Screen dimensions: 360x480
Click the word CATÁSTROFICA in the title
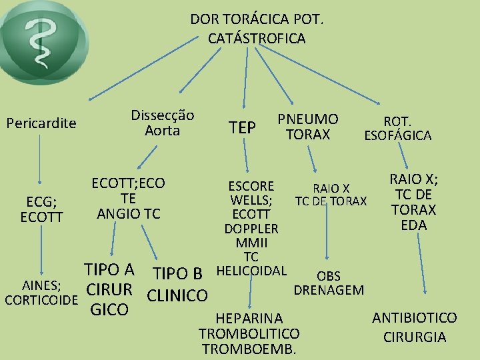coord(257,39)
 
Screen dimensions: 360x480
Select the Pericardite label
coord(41,123)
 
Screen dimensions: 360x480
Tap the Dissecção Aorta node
coord(163,123)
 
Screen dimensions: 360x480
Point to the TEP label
coord(242,127)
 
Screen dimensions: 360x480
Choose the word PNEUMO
coord(308,119)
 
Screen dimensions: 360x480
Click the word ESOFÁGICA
coord(397,135)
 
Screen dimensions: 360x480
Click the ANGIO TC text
coord(129,213)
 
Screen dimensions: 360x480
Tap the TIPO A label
coord(109,270)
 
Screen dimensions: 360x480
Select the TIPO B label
coord(177,273)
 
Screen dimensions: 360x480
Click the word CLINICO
coord(177,295)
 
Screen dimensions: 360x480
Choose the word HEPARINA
coord(249,319)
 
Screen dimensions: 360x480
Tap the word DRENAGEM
coord(329,289)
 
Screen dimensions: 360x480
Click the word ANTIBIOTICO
coord(415,318)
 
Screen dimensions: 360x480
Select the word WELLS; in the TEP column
coord(251,199)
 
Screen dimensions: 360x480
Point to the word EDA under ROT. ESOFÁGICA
coord(413,225)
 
